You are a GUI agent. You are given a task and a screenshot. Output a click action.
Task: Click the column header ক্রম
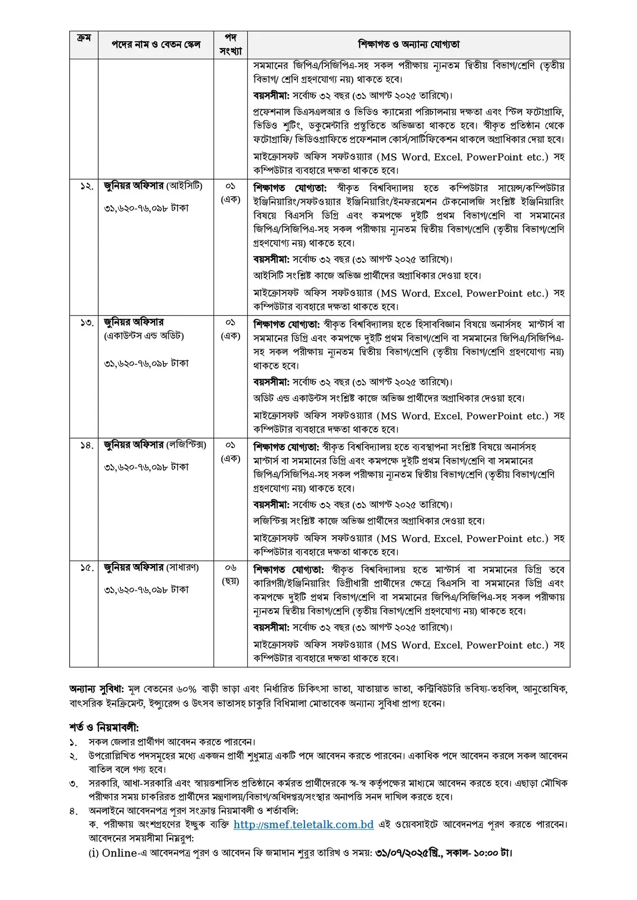coord(84,38)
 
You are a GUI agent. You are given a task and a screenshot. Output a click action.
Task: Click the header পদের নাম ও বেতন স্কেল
coord(156,45)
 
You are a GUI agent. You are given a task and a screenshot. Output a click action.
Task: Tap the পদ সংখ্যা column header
coord(230,45)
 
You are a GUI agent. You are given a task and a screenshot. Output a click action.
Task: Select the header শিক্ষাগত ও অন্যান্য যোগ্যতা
coord(408,45)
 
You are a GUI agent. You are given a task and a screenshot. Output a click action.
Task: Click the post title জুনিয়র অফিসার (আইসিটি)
coord(153,186)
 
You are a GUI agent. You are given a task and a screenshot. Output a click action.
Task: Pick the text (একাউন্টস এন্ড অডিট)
coord(144,336)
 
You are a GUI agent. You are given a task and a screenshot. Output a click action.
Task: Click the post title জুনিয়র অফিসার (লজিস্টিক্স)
coord(155,445)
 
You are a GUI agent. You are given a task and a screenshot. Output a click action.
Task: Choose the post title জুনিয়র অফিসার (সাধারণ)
coord(151,567)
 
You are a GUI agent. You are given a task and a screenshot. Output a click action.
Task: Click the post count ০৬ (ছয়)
coord(230,574)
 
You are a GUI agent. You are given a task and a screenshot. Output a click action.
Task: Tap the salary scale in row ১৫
coord(146,590)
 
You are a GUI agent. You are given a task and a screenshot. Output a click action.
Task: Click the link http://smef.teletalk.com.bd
coord(303,824)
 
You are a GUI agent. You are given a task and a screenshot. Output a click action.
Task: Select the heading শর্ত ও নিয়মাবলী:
coord(104,727)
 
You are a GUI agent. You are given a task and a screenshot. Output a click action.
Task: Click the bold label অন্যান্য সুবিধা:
coord(97,689)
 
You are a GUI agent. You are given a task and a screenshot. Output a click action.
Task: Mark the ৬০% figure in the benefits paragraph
coord(186,689)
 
